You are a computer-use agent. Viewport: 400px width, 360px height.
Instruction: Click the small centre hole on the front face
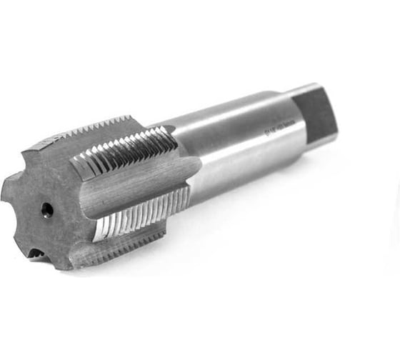tap(46, 209)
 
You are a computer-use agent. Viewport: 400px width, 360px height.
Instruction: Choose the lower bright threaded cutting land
tap(139, 214)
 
